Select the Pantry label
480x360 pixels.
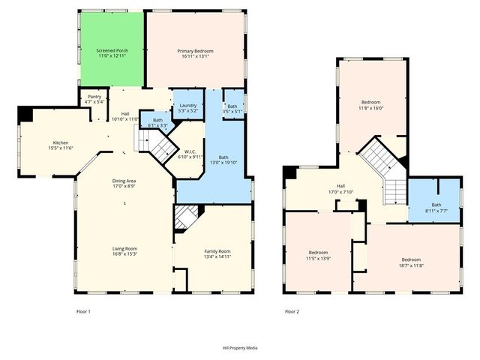click(94, 99)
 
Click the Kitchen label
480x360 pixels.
click(61, 145)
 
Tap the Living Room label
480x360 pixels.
click(124, 252)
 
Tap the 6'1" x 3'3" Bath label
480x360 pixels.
click(157, 122)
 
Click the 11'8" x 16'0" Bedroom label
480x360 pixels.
click(371, 105)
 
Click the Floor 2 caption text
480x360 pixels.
click(292, 310)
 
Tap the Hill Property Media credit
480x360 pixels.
click(239, 348)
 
